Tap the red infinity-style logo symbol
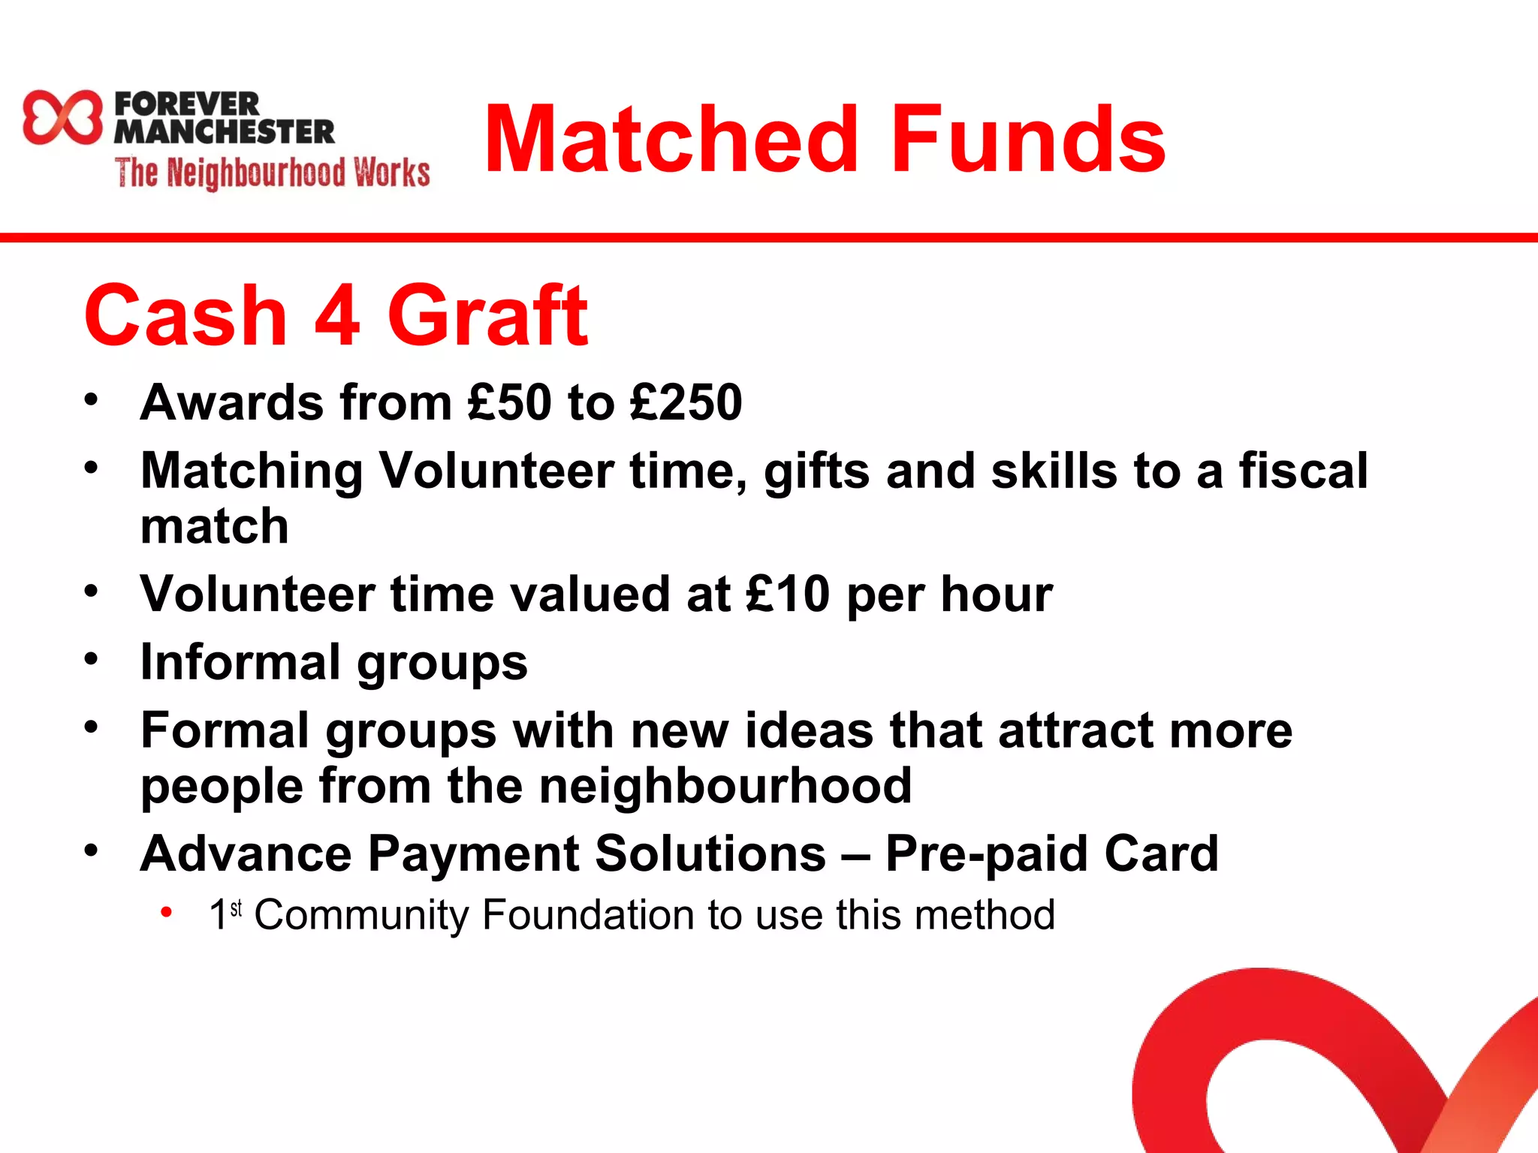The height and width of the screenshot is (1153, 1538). tap(62, 117)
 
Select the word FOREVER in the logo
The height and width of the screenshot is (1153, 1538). tap(187, 104)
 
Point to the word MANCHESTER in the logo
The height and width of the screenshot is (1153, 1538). tap(224, 131)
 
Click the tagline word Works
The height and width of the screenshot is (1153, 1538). tap(392, 173)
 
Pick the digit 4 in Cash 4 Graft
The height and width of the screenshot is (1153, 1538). tap(337, 315)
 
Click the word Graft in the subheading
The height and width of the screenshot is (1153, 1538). tap(487, 315)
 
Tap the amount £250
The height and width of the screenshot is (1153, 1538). tap(686, 402)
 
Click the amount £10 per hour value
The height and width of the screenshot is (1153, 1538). tap(788, 595)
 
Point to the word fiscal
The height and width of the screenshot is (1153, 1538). tap(1303, 471)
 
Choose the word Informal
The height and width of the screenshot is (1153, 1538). tap(240, 662)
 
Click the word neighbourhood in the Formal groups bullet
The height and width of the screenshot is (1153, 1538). tap(725, 786)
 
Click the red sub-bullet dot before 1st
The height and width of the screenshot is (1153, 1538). tap(167, 913)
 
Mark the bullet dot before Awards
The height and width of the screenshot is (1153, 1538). tap(92, 399)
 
